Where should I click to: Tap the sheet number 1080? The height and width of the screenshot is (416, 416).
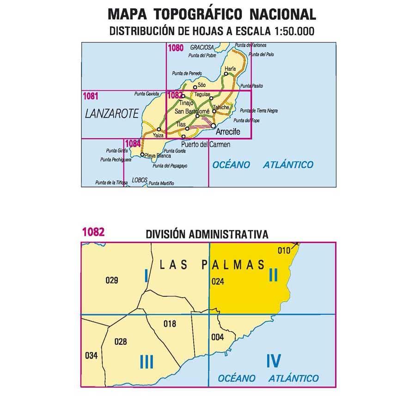[176, 47]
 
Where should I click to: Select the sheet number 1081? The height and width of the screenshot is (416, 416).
[91, 96]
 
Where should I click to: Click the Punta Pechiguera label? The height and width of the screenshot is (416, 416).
[115, 159]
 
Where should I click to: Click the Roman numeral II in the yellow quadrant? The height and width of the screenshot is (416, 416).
[273, 275]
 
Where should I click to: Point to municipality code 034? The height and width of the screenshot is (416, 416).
[92, 356]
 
